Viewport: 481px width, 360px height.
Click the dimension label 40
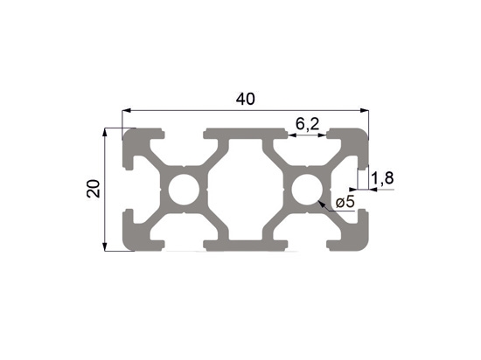tap(246, 99)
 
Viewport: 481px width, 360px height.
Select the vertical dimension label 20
tap(94, 189)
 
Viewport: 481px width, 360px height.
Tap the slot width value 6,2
tap(307, 124)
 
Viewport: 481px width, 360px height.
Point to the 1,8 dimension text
tap(382, 178)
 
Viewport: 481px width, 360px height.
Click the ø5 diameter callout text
tap(345, 202)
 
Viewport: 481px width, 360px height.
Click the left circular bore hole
tap(184, 190)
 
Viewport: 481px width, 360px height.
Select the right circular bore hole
tap(307, 190)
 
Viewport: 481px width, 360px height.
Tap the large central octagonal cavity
tap(246, 190)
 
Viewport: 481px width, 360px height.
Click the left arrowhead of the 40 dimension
tap(127, 110)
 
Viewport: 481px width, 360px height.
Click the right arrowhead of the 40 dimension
tap(364, 110)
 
